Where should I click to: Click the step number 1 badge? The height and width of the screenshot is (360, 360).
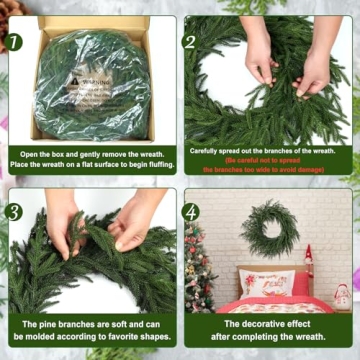click(16, 43)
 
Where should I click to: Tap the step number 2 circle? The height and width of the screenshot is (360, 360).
click(190, 43)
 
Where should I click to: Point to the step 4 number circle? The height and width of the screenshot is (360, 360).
click(190, 212)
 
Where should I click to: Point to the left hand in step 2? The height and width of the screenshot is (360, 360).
click(258, 60)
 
